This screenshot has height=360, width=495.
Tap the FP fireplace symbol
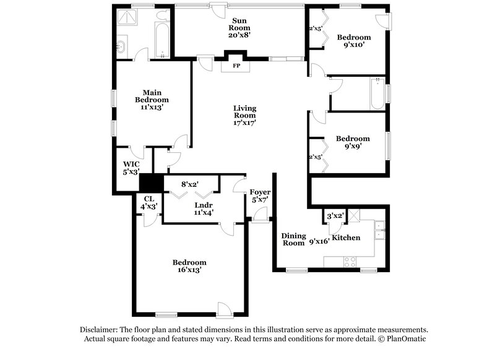point(236,65)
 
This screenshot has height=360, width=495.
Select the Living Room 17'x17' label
point(244,116)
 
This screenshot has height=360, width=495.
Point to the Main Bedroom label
point(152,99)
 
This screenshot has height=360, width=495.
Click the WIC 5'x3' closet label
point(131,168)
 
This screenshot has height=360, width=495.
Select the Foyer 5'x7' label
point(259,196)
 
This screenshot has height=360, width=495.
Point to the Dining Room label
point(293,239)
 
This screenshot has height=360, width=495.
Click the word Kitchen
point(346,238)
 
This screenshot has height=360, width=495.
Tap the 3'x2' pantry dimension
point(335,216)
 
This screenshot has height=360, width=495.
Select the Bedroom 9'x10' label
point(354,41)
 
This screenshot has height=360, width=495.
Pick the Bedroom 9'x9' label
point(353,142)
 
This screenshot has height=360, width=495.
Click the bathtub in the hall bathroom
point(377,94)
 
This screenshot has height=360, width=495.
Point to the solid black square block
point(150,182)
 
